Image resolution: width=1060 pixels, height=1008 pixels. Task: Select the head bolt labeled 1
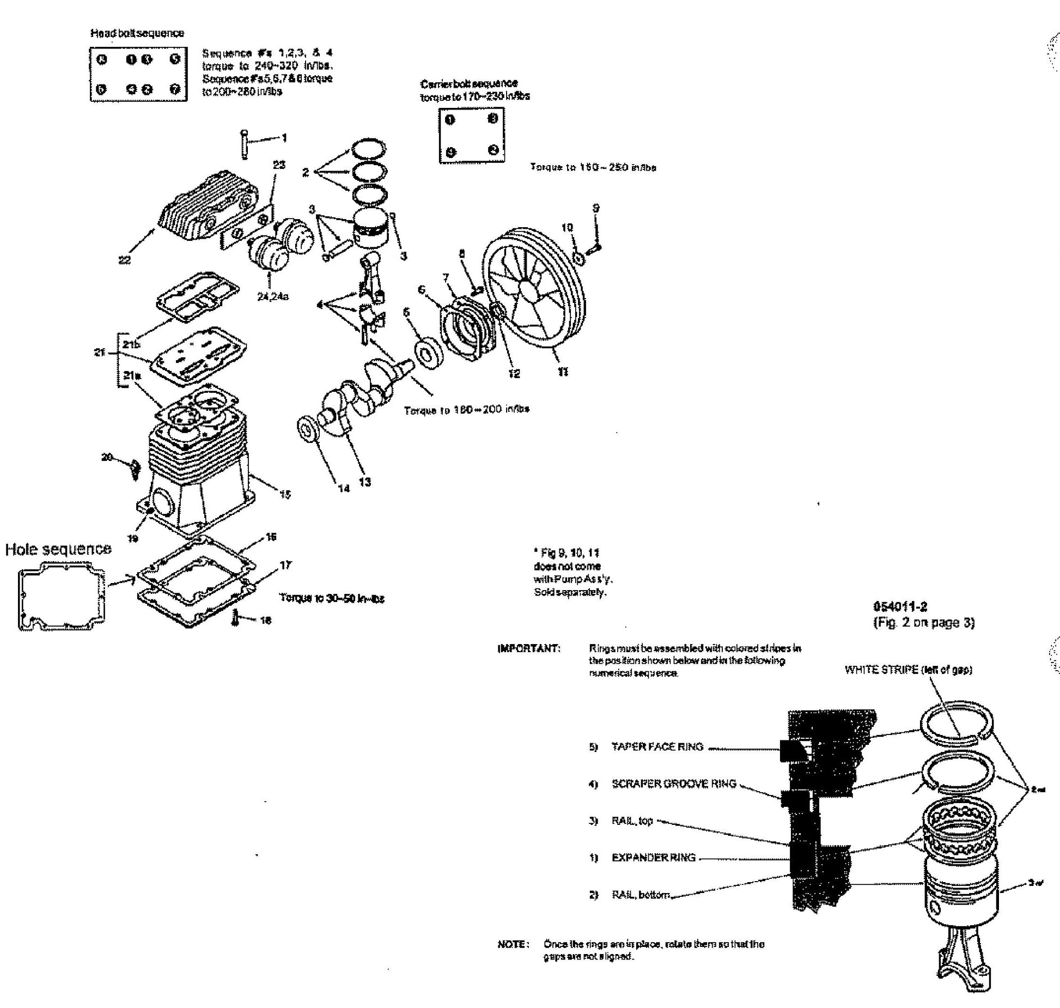pyautogui.click(x=245, y=144)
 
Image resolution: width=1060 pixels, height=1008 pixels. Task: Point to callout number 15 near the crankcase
pyautogui.click(x=285, y=495)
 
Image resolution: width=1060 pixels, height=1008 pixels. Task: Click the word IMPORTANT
pyautogui.click(x=528, y=648)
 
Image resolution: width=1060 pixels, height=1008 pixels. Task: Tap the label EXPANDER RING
pyautogui.click(x=653, y=858)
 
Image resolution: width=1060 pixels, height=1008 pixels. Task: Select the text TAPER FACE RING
pyautogui.click(x=657, y=746)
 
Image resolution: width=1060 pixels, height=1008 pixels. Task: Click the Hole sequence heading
pyautogui.click(x=58, y=549)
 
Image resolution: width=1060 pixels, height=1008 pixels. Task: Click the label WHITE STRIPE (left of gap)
pyautogui.click(x=908, y=670)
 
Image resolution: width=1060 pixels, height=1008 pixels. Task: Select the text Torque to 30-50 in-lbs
pyautogui.click(x=332, y=598)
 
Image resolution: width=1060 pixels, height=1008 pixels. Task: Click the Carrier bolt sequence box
pyautogui.click(x=471, y=135)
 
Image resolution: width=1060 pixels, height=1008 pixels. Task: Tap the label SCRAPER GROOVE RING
pyautogui.click(x=673, y=784)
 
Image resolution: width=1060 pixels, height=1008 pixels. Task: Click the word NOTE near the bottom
pyautogui.click(x=511, y=944)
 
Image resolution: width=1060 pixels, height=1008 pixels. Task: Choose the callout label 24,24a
pyautogui.click(x=272, y=296)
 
